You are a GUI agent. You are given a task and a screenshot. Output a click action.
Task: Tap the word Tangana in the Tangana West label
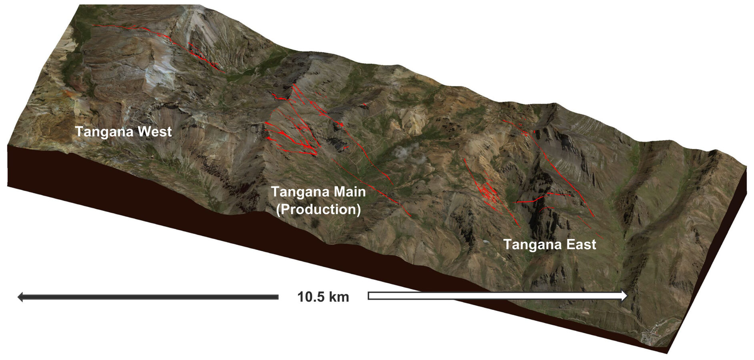[104, 132]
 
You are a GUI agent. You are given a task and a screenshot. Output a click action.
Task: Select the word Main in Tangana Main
[349, 192]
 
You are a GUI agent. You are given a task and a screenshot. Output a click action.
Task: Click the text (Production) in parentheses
[319, 209]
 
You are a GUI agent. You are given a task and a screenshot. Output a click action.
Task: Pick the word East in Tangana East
[579, 244]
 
